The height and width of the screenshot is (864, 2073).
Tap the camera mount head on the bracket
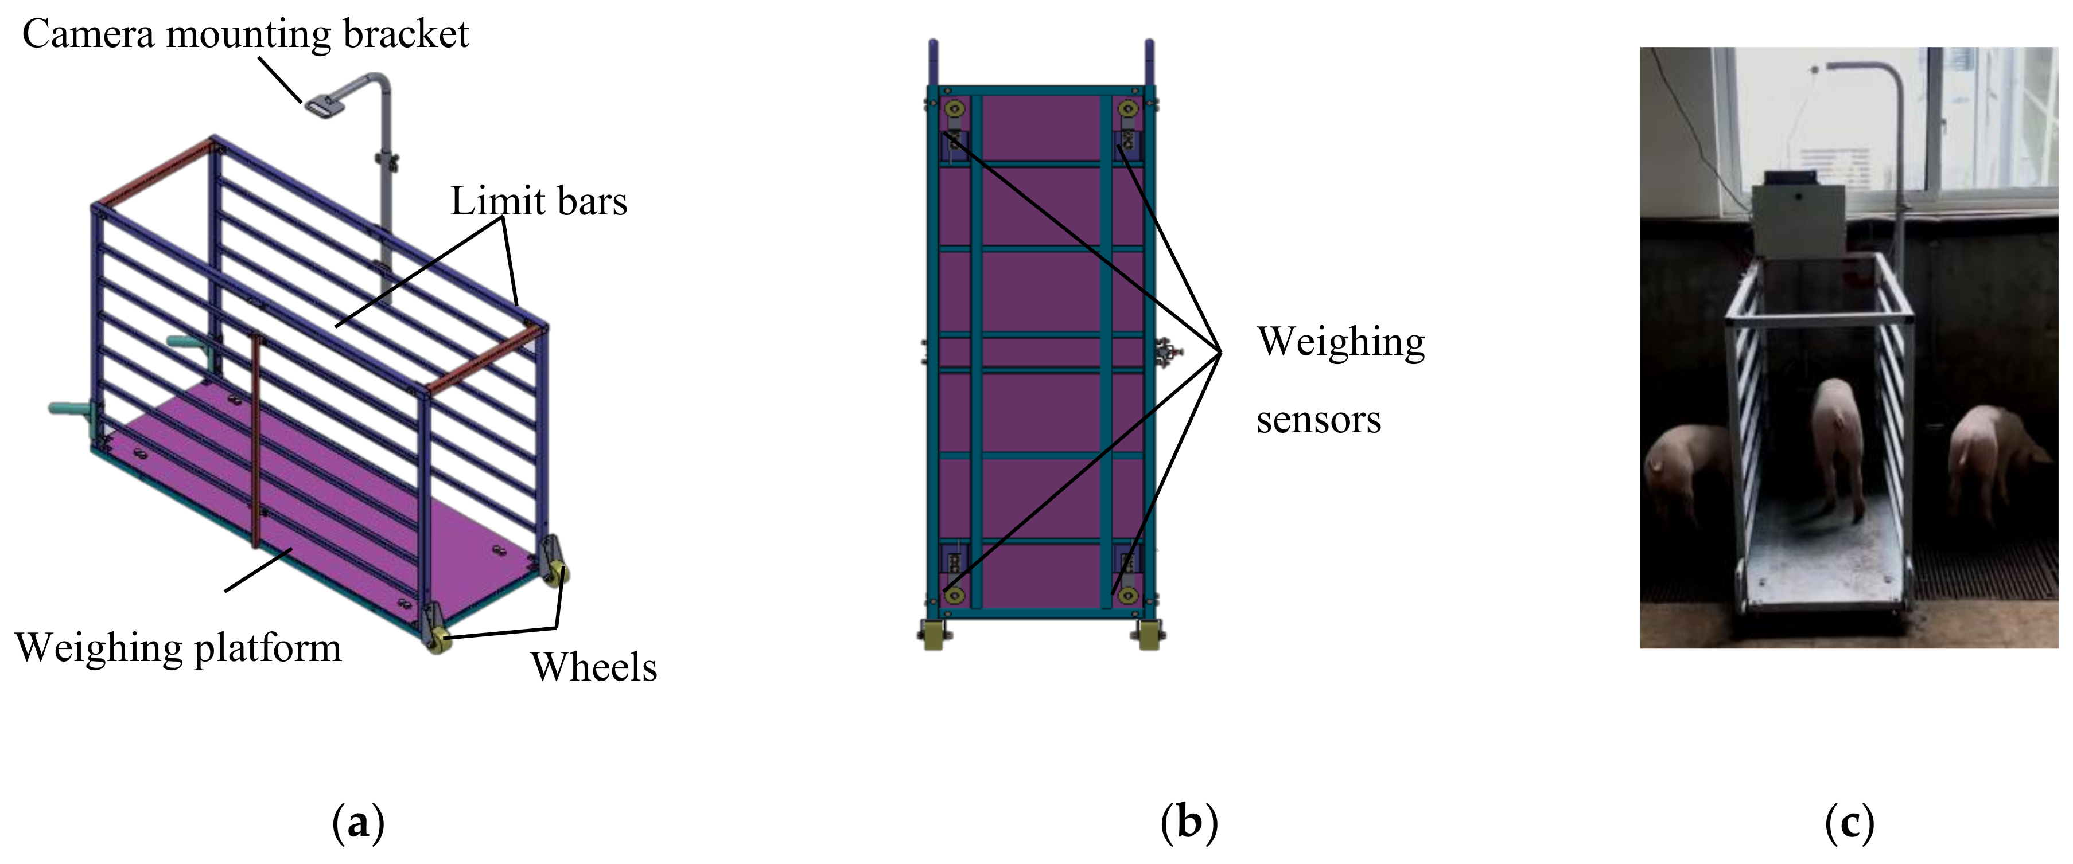point(322,105)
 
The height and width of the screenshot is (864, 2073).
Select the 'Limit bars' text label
point(538,201)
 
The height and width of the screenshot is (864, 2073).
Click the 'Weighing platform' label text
point(178,648)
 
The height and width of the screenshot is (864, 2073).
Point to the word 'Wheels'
point(594,667)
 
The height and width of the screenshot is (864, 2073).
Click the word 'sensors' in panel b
point(1318,420)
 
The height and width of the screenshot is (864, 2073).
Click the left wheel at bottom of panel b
point(934,634)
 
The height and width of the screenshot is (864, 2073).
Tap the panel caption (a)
point(358,822)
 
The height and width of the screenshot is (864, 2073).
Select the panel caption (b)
point(1189,822)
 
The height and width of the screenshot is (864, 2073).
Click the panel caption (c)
point(1849,822)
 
